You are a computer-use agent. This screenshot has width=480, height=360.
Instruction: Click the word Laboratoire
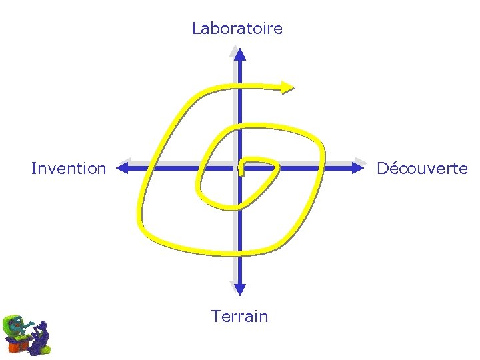click(x=237, y=29)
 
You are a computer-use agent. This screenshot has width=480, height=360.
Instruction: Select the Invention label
click(x=69, y=169)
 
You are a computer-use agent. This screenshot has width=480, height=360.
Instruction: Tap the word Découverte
click(x=422, y=169)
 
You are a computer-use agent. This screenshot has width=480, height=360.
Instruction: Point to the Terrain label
click(x=239, y=316)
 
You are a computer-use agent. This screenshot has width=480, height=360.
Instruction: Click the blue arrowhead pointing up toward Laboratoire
click(x=239, y=53)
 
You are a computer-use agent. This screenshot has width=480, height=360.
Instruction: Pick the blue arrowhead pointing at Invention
click(x=122, y=169)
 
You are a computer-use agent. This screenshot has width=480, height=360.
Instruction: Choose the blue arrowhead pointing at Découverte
click(x=358, y=169)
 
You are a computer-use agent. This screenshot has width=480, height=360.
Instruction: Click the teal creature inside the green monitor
click(x=16, y=326)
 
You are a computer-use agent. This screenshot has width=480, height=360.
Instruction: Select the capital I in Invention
click(x=33, y=169)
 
